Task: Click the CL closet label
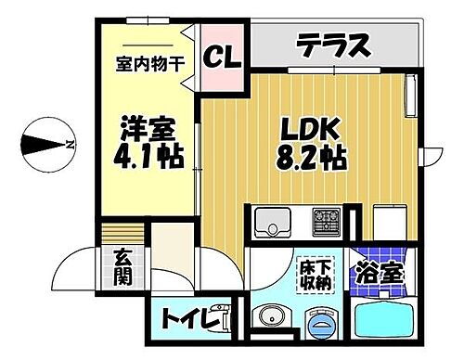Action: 223,58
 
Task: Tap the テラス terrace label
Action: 335,45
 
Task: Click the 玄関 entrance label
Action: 123,266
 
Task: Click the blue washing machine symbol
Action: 320,321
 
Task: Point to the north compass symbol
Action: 47,144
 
